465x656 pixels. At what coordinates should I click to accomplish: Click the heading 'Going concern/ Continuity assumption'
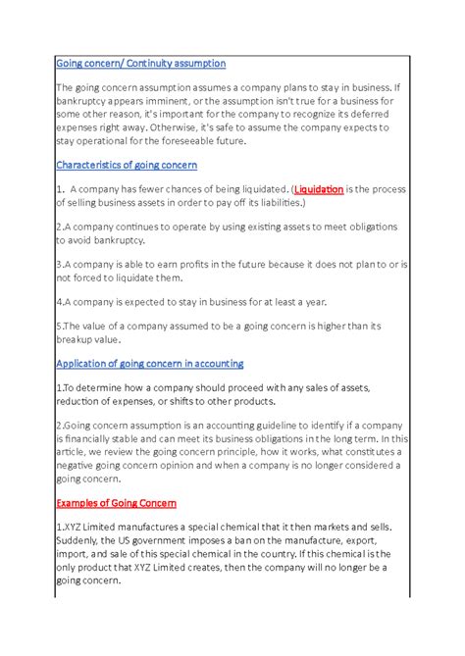(x=141, y=63)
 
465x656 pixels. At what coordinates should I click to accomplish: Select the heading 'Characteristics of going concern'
(x=127, y=165)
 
